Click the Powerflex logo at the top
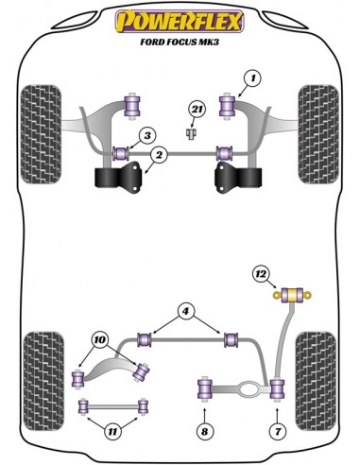pos(180,21)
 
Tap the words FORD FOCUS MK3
pos(180,42)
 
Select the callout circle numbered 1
pos(252,78)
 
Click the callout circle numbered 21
pos(197,110)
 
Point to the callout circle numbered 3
pos(147,136)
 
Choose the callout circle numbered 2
pos(159,155)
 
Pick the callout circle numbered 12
pos(261,274)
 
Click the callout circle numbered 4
pos(185,312)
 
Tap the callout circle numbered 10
pos(100,340)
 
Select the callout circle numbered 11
pos(112,431)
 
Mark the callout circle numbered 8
pos(205,431)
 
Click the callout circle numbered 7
pos(278,431)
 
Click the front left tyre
pos(41,134)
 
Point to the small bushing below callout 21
pos(191,133)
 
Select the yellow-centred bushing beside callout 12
pos(292,295)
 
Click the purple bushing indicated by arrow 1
pos(227,106)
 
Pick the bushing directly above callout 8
pos(205,388)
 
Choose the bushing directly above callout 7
pos(278,388)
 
